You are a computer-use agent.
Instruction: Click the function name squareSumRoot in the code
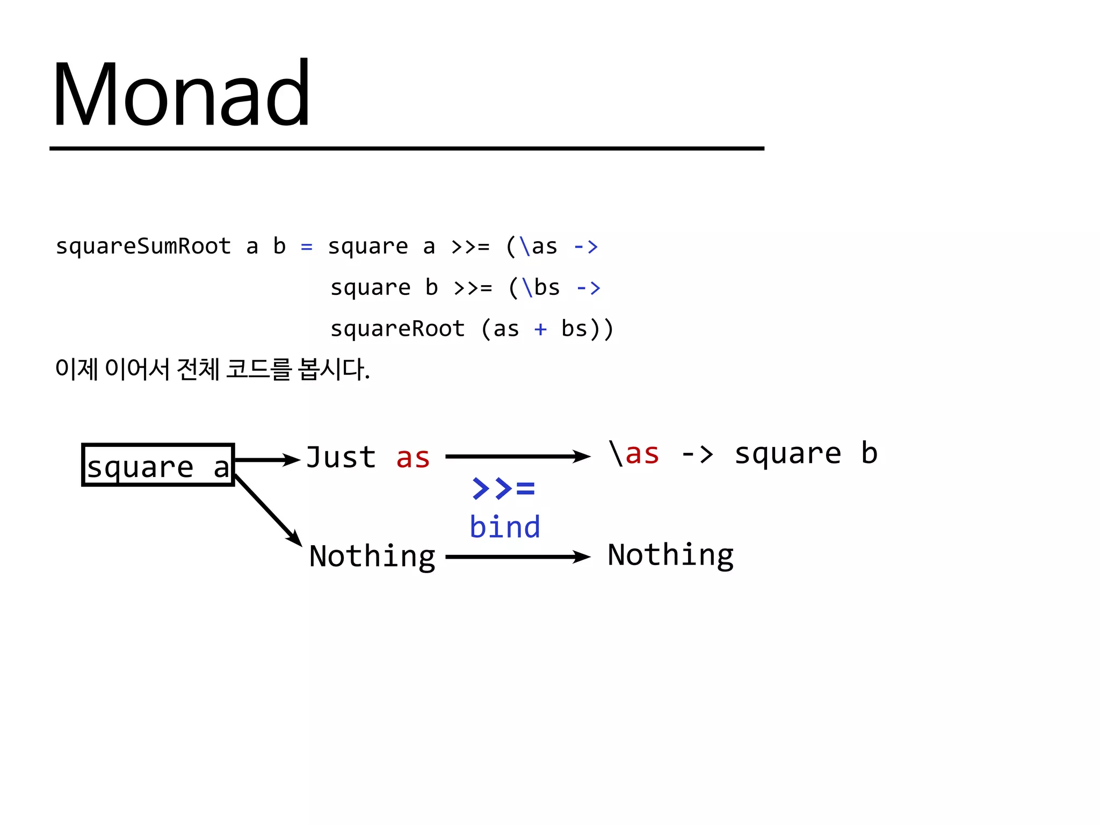click(x=143, y=247)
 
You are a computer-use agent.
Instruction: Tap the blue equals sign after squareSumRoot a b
click(x=306, y=247)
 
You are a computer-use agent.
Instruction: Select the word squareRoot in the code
click(x=397, y=329)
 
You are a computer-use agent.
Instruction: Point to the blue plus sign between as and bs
click(x=540, y=329)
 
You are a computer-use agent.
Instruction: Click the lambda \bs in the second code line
click(x=541, y=288)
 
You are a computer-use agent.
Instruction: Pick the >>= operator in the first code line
click(x=471, y=247)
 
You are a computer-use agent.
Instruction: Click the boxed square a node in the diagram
click(x=158, y=465)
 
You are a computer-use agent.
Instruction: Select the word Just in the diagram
click(x=341, y=458)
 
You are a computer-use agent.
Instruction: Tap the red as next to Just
click(x=412, y=458)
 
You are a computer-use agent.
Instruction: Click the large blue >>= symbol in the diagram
click(x=503, y=488)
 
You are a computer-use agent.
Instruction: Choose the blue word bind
click(x=504, y=527)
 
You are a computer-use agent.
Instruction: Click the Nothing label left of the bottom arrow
click(x=372, y=556)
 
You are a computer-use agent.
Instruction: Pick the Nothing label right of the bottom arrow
click(x=670, y=555)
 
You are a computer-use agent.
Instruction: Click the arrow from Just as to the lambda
click(x=518, y=457)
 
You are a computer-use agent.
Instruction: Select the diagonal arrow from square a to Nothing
click(x=269, y=510)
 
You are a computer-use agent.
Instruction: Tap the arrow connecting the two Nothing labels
click(x=518, y=557)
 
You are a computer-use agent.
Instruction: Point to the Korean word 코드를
click(x=258, y=370)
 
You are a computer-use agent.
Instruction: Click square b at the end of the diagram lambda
click(x=806, y=454)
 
